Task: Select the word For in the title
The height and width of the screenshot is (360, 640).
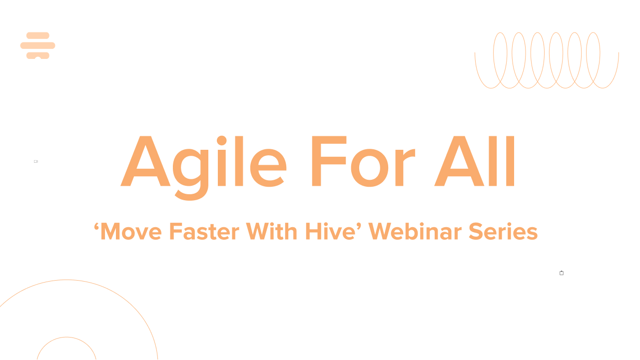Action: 363,161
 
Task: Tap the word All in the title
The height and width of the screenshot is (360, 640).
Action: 474,161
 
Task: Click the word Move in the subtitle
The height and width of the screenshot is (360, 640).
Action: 131,232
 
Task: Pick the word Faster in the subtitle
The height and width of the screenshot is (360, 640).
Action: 204,232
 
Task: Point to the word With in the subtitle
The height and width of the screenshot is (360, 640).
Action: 271,232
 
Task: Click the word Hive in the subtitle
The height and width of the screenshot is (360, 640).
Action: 330,232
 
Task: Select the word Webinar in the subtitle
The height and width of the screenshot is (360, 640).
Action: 415,232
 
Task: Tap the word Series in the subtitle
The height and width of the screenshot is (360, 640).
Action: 503,232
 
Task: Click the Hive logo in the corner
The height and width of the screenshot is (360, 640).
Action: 37,45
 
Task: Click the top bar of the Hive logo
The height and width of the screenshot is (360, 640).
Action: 37,35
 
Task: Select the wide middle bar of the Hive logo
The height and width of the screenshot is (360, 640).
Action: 37,45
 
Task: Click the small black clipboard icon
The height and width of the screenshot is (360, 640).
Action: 562,273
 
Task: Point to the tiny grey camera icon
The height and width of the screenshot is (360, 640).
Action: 36,162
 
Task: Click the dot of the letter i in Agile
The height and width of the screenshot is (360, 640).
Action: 222,141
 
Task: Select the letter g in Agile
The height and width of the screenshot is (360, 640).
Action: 190,175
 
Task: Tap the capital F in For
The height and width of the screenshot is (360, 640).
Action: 329,161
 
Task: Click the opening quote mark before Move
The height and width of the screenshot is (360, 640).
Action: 96,227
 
